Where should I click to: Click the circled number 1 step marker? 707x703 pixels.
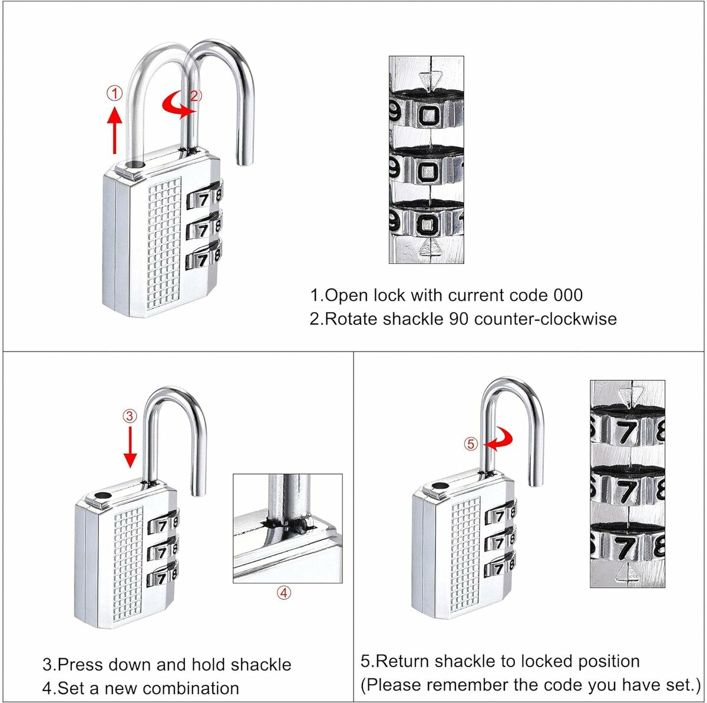114,93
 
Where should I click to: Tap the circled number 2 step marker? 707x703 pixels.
196,96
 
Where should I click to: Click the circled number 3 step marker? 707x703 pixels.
130,416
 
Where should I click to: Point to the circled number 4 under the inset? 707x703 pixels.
284,593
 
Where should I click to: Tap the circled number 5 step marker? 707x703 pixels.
471,445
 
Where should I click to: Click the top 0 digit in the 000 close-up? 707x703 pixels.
430,115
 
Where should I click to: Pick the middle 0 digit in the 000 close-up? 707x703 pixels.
430,171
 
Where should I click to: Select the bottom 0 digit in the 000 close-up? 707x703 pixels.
428,223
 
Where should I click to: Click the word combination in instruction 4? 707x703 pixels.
191,688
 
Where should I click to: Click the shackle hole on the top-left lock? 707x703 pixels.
136,167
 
